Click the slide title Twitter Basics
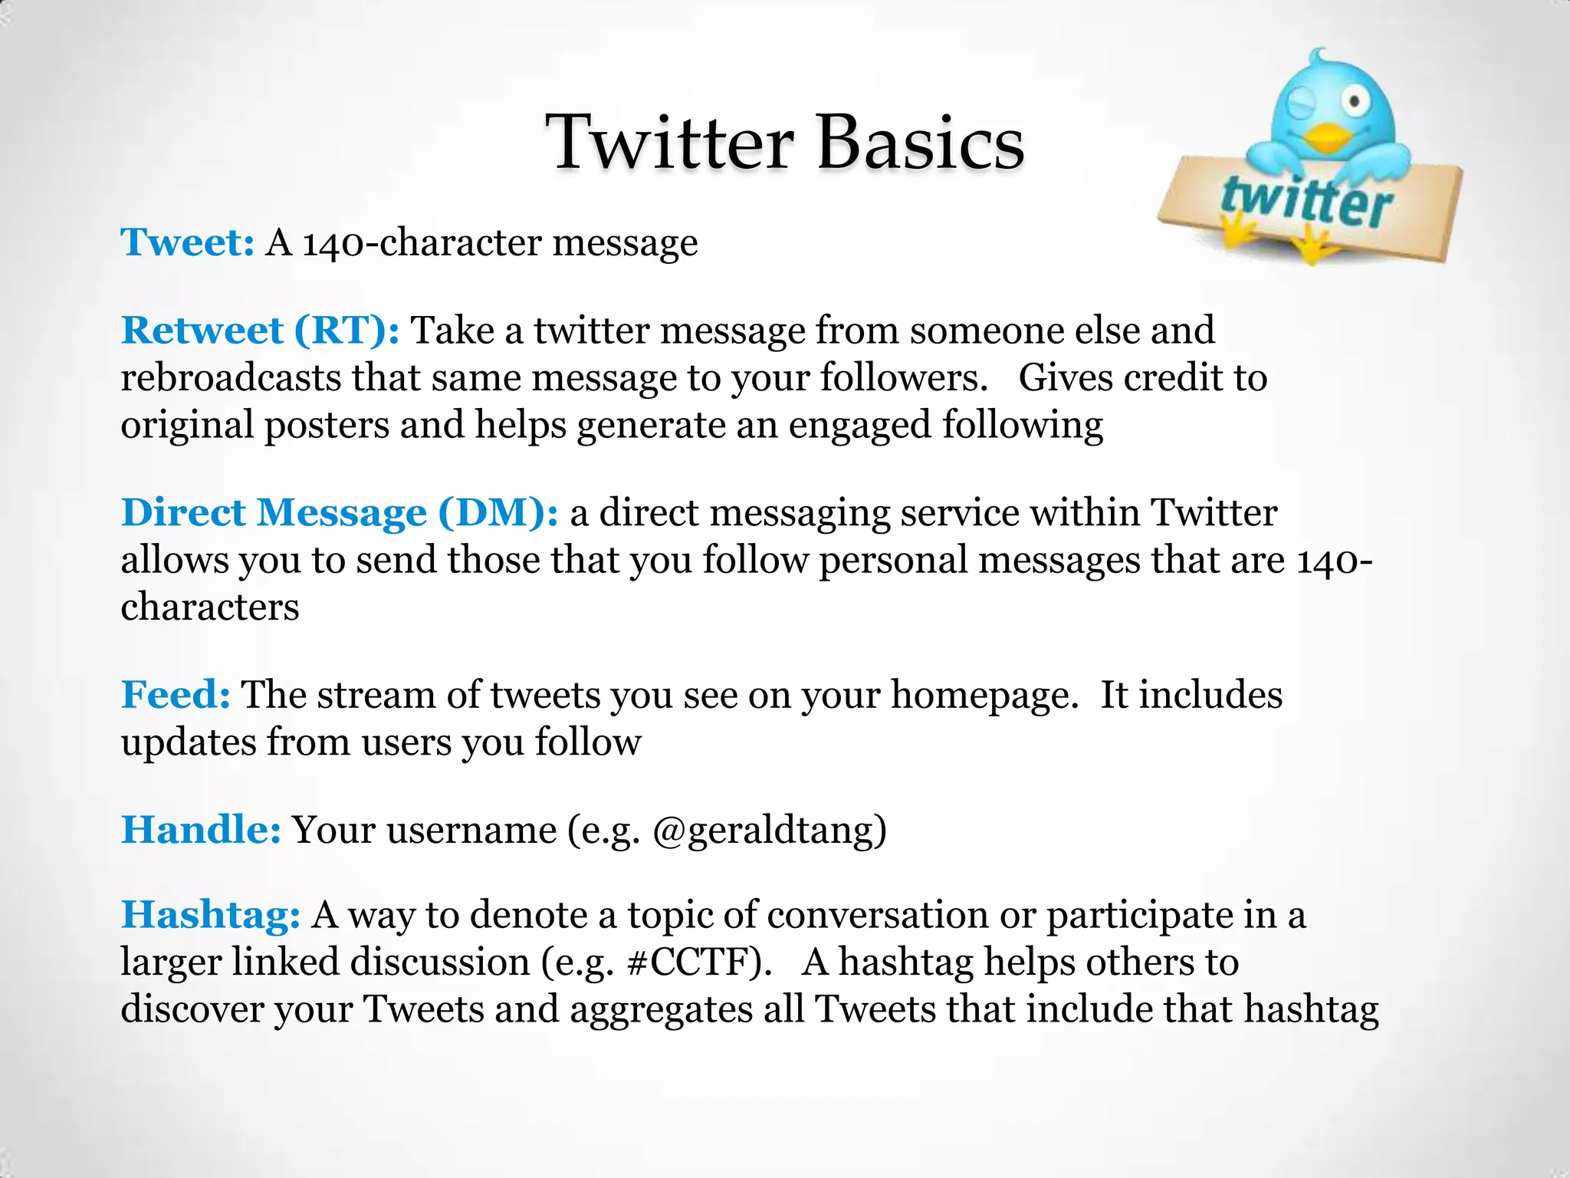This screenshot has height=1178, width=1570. coord(785,143)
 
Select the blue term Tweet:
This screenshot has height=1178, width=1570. coord(187,242)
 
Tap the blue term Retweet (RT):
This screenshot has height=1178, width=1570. coord(260,331)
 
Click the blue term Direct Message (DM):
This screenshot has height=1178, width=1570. coord(340,512)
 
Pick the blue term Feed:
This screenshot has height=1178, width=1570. coord(176,695)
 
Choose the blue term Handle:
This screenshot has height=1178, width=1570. coord(201,830)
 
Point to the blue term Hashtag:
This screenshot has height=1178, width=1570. coord(210,915)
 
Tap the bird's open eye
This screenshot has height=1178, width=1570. coord(1355,100)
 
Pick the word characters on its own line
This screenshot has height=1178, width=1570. coord(210,607)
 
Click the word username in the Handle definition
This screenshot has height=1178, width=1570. coord(471,831)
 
